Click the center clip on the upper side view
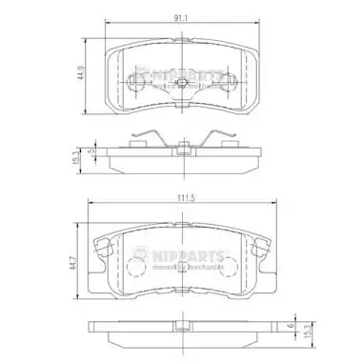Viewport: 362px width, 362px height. (181, 148)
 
